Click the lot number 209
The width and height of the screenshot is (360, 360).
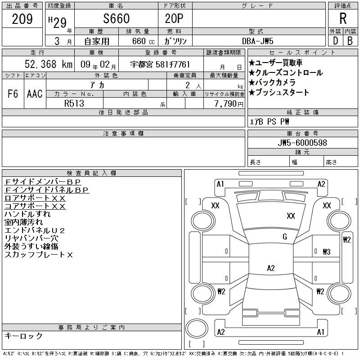click(x=22, y=19)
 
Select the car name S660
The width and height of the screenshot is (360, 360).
click(x=117, y=18)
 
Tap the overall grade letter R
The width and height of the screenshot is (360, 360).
click(x=343, y=18)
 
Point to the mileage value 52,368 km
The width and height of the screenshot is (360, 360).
click(x=49, y=64)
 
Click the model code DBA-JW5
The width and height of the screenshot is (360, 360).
click(x=257, y=41)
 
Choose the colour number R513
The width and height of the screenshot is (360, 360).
click(x=74, y=103)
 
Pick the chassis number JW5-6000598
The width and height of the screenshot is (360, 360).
click(x=302, y=143)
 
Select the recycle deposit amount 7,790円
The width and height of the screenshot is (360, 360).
click(x=229, y=104)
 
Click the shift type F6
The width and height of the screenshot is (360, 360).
click(x=13, y=94)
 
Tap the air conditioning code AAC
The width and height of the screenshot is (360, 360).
click(x=35, y=94)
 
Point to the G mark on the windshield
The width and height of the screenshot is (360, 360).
click(x=285, y=237)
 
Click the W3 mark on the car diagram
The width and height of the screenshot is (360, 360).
click(x=327, y=252)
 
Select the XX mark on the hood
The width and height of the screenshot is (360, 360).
click(x=291, y=216)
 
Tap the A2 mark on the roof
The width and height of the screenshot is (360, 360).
click(x=271, y=268)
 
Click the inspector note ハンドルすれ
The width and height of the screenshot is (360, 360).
click(x=27, y=214)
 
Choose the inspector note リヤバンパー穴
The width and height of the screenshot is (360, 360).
click(x=31, y=238)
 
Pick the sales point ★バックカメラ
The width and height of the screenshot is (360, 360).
click(x=272, y=82)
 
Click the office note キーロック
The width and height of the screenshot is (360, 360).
click(x=23, y=336)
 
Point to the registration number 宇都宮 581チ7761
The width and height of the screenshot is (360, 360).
click(x=160, y=64)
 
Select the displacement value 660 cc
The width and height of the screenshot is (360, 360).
click(x=143, y=41)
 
